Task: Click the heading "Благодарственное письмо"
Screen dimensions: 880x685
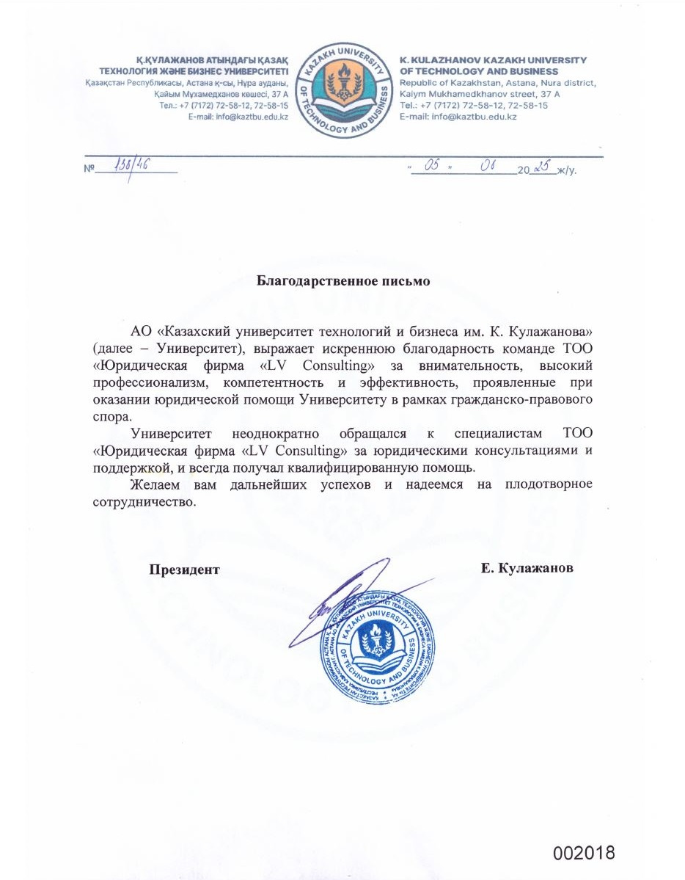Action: click(342, 280)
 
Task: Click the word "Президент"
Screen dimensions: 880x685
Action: click(185, 569)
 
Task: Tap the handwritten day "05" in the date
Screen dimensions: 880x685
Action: click(431, 167)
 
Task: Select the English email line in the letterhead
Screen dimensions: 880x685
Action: click(458, 117)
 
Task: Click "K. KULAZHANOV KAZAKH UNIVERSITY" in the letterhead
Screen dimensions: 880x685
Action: click(493, 60)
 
